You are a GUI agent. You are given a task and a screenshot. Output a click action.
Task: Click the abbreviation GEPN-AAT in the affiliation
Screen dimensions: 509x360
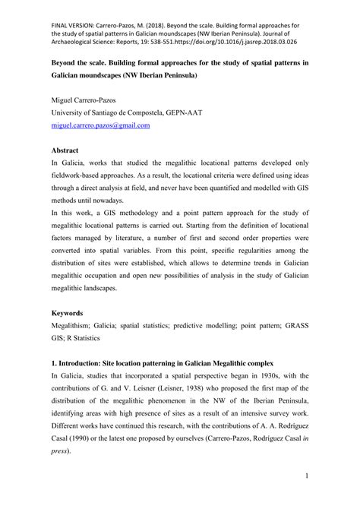click(197, 114)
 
